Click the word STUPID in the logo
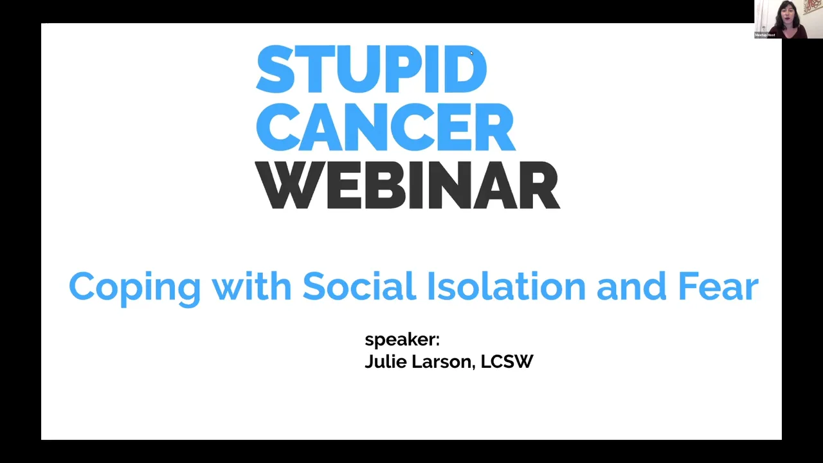pyautogui.click(x=371, y=69)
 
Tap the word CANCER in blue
pyautogui.click(x=386, y=127)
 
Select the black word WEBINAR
pyautogui.click(x=407, y=185)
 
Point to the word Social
pyautogui.click(x=359, y=286)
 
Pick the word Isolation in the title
pyautogui.click(x=506, y=286)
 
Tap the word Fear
pyautogui.click(x=718, y=286)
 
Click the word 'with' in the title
pyautogui.click(x=251, y=286)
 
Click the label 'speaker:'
pyautogui.click(x=402, y=340)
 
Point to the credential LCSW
pyautogui.click(x=507, y=361)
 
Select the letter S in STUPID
pyautogui.click(x=273, y=69)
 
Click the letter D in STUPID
pyautogui.click(x=467, y=69)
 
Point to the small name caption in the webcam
pyautogui.click(x=765, y=35)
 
